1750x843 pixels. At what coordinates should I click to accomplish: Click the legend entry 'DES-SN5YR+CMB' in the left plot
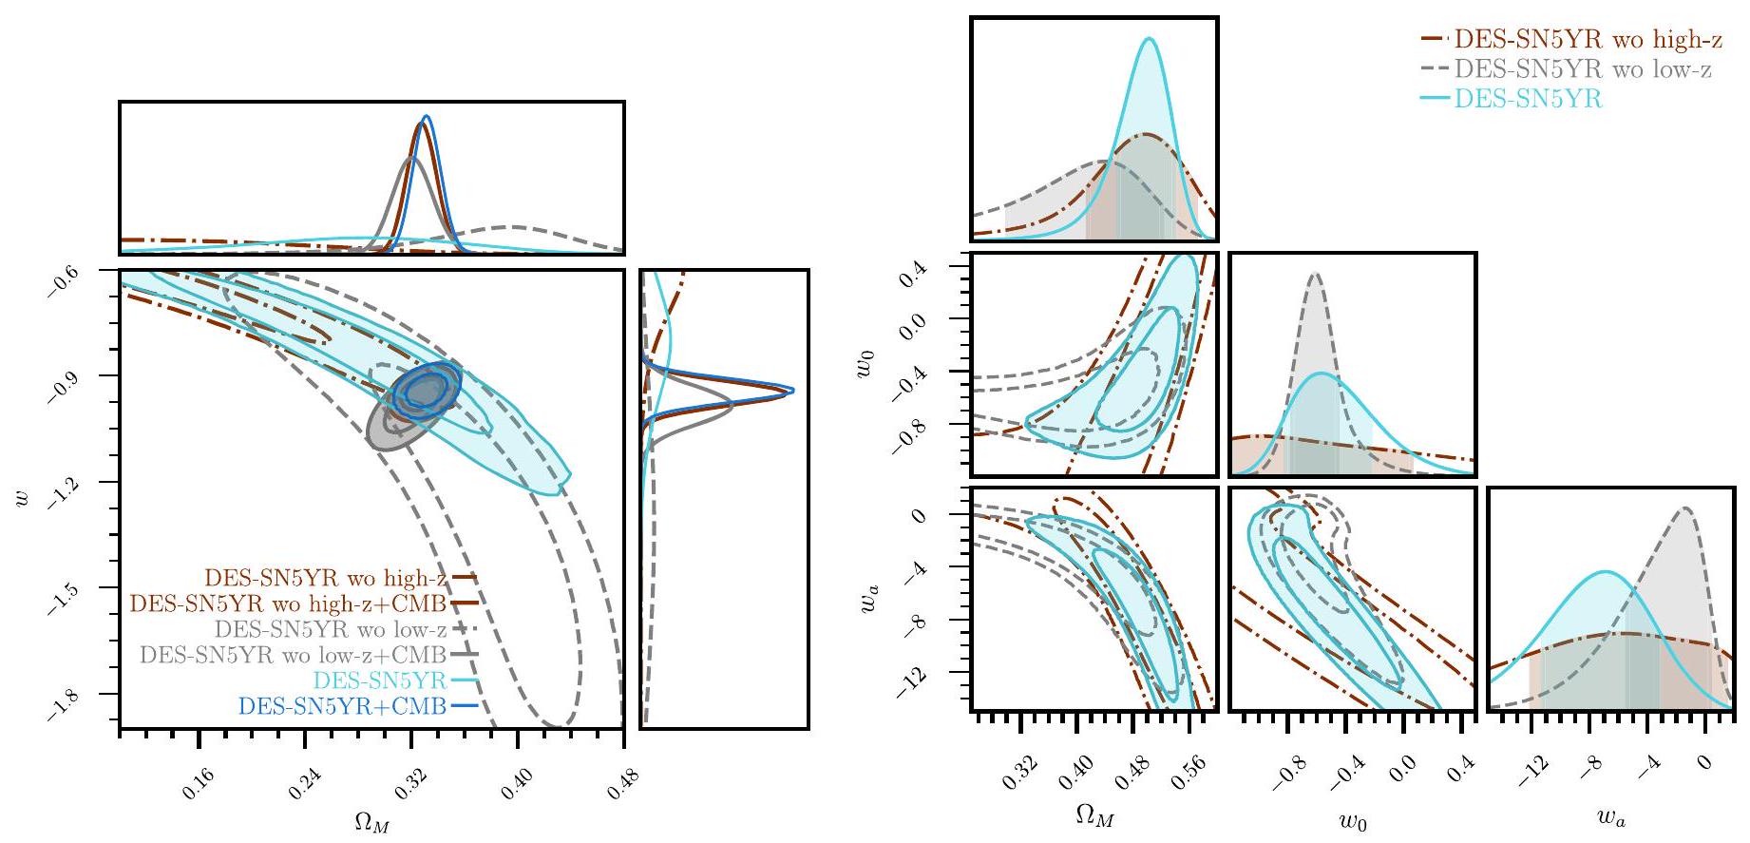pos(342,707)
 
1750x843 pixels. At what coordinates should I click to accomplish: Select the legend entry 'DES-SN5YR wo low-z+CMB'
pos(293,655)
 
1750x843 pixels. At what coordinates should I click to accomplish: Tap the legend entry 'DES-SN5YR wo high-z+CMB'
pos(288,604)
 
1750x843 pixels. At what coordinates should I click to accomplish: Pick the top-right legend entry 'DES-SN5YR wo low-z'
pos(1583,69)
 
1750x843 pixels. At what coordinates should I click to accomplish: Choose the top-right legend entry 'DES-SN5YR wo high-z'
pos(1588,40)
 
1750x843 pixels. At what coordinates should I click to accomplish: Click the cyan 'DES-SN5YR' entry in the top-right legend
pos(1528,99)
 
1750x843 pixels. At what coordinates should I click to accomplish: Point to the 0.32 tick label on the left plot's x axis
pos(409,783)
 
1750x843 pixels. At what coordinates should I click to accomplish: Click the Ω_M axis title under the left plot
pos(371,824)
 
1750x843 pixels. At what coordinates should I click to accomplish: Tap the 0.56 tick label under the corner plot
pos(1185,777)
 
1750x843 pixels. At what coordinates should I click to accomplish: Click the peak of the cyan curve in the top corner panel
pos(1150,39)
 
